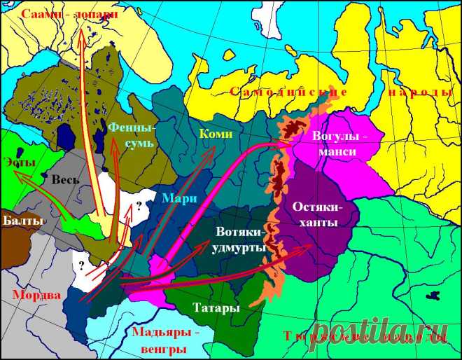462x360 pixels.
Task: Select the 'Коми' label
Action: click(x=212, y=132)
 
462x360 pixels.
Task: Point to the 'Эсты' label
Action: click(x=15, y=159)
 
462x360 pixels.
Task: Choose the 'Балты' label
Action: click(x=22, y=220)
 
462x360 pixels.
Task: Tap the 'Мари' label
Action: click(x=174, y=197)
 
